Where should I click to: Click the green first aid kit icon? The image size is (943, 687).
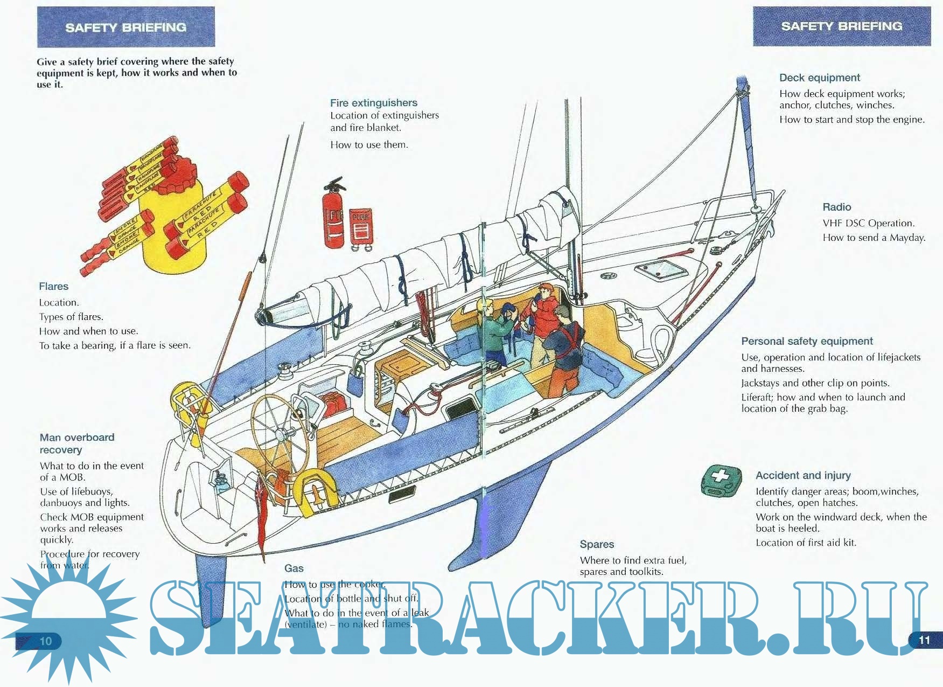(721, 480)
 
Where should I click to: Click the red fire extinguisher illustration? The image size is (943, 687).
(334, 216)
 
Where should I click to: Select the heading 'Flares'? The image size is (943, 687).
(53, 286)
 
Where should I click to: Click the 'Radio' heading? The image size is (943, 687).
(836, 207)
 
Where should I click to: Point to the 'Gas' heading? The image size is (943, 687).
(294, 568)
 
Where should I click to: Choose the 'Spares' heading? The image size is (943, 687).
(597, 544)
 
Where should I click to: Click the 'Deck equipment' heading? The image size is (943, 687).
(819, 78)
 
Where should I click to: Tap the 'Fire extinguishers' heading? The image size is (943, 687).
(374, 102)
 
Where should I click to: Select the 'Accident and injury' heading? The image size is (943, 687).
(803, 475)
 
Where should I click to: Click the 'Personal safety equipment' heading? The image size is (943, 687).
(807, 341)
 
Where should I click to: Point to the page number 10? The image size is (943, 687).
(46, 641)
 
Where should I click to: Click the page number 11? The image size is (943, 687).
(924, 640)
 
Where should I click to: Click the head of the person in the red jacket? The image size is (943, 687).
(546, 292)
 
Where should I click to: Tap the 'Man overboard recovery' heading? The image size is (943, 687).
(76, 443)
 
